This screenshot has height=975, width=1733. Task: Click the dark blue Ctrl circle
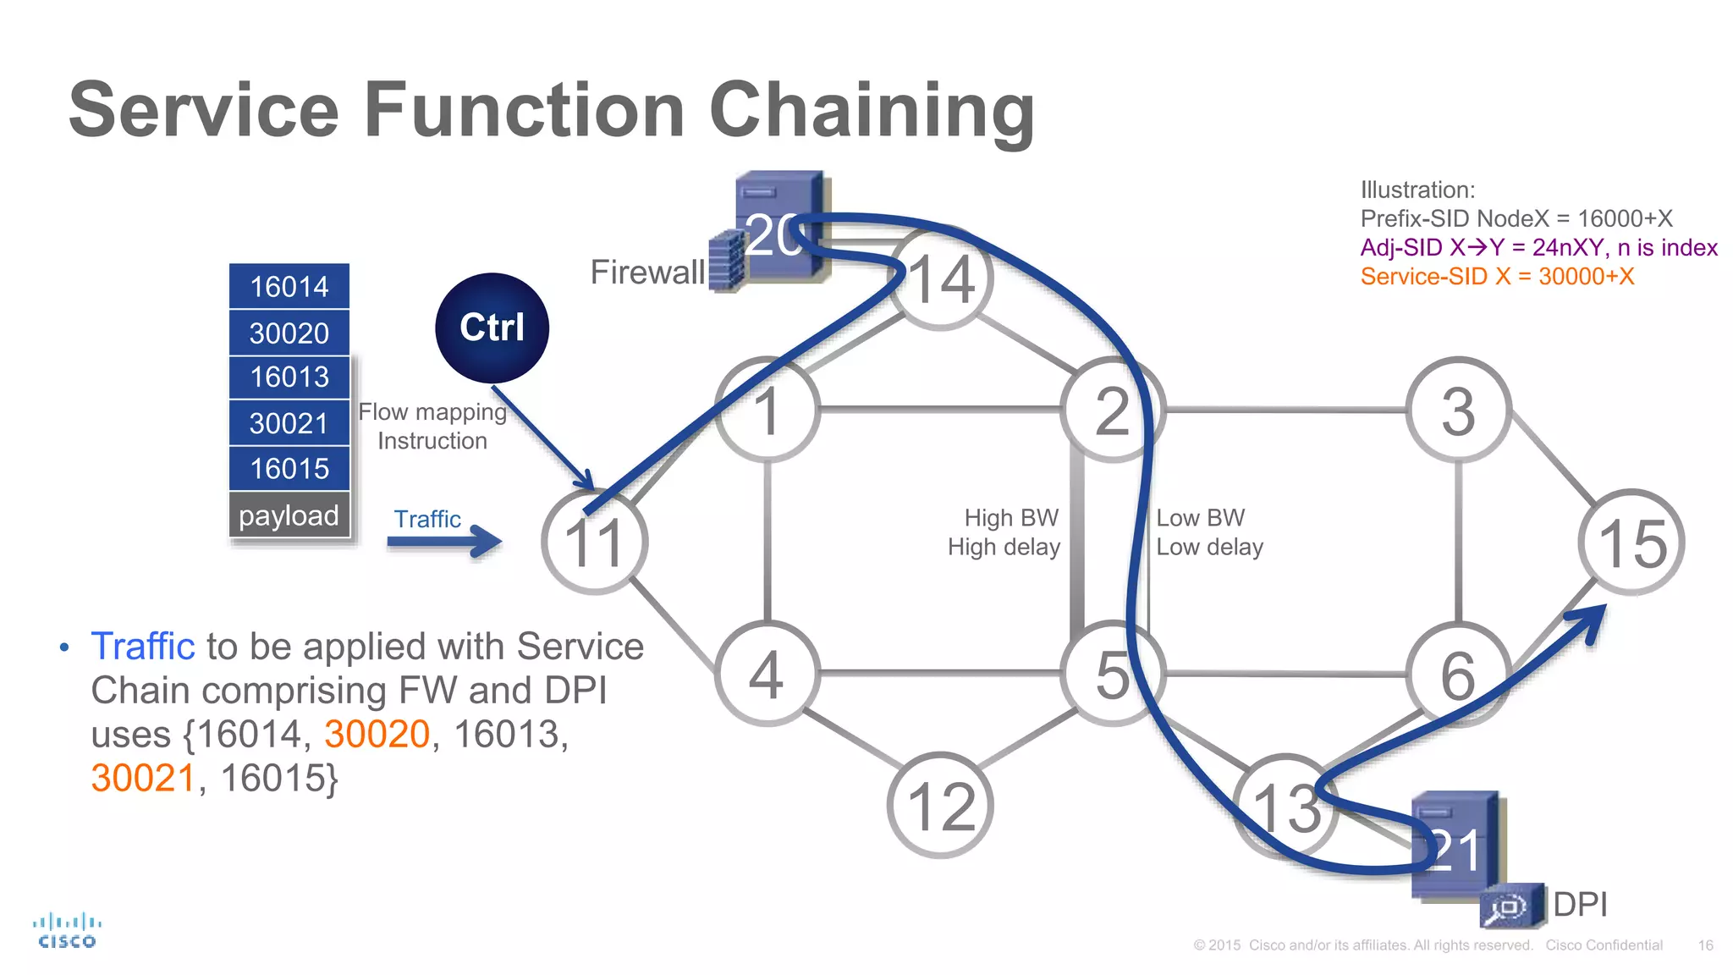coord(492,328)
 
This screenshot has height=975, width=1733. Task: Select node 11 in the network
coord(595,542)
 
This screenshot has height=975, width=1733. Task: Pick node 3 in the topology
coord(1458,410)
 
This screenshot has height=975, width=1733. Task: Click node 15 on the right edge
coord(1631,542)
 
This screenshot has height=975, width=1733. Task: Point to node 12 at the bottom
coord(941,805)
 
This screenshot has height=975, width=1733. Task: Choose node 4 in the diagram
coord(767,674)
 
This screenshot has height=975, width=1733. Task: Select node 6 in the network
coord(1458,674)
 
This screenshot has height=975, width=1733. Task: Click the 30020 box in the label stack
coord(289,333)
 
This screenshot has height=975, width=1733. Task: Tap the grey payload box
coord(289,515)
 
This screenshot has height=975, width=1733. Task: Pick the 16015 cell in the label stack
coord(289,468)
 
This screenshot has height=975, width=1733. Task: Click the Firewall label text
coord(647,273)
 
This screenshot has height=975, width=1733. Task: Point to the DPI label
coord(1580,904)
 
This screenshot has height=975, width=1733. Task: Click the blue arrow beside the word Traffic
coord(445,541)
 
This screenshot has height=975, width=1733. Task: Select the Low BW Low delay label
coord(1209,532)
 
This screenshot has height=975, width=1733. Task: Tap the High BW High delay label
coord(1004,532)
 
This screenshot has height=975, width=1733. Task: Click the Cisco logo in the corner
coord(67,930)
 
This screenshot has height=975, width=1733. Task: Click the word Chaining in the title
coord(872,111)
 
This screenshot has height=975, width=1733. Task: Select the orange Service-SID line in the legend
coord(1497,277)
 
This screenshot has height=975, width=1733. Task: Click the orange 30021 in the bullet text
coord(144,778)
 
